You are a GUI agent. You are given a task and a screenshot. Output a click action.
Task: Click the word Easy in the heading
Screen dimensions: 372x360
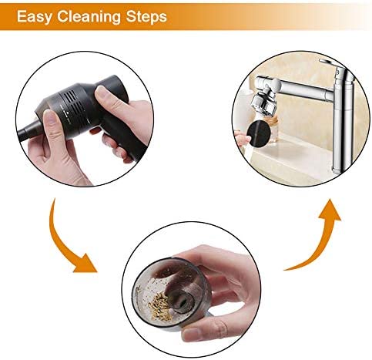click(34, 16)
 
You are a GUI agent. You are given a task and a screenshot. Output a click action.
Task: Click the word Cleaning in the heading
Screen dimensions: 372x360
click(89, 16)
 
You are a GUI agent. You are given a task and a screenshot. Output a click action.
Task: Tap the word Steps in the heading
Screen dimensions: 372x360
click(146, 16)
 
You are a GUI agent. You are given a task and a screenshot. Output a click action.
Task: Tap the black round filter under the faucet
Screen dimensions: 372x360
click(260, 134)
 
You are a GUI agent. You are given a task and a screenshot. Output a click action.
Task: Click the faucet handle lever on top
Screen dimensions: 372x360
click(331, 63)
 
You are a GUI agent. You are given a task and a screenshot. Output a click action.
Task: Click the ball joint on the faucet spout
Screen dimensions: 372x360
click(275, 84)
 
